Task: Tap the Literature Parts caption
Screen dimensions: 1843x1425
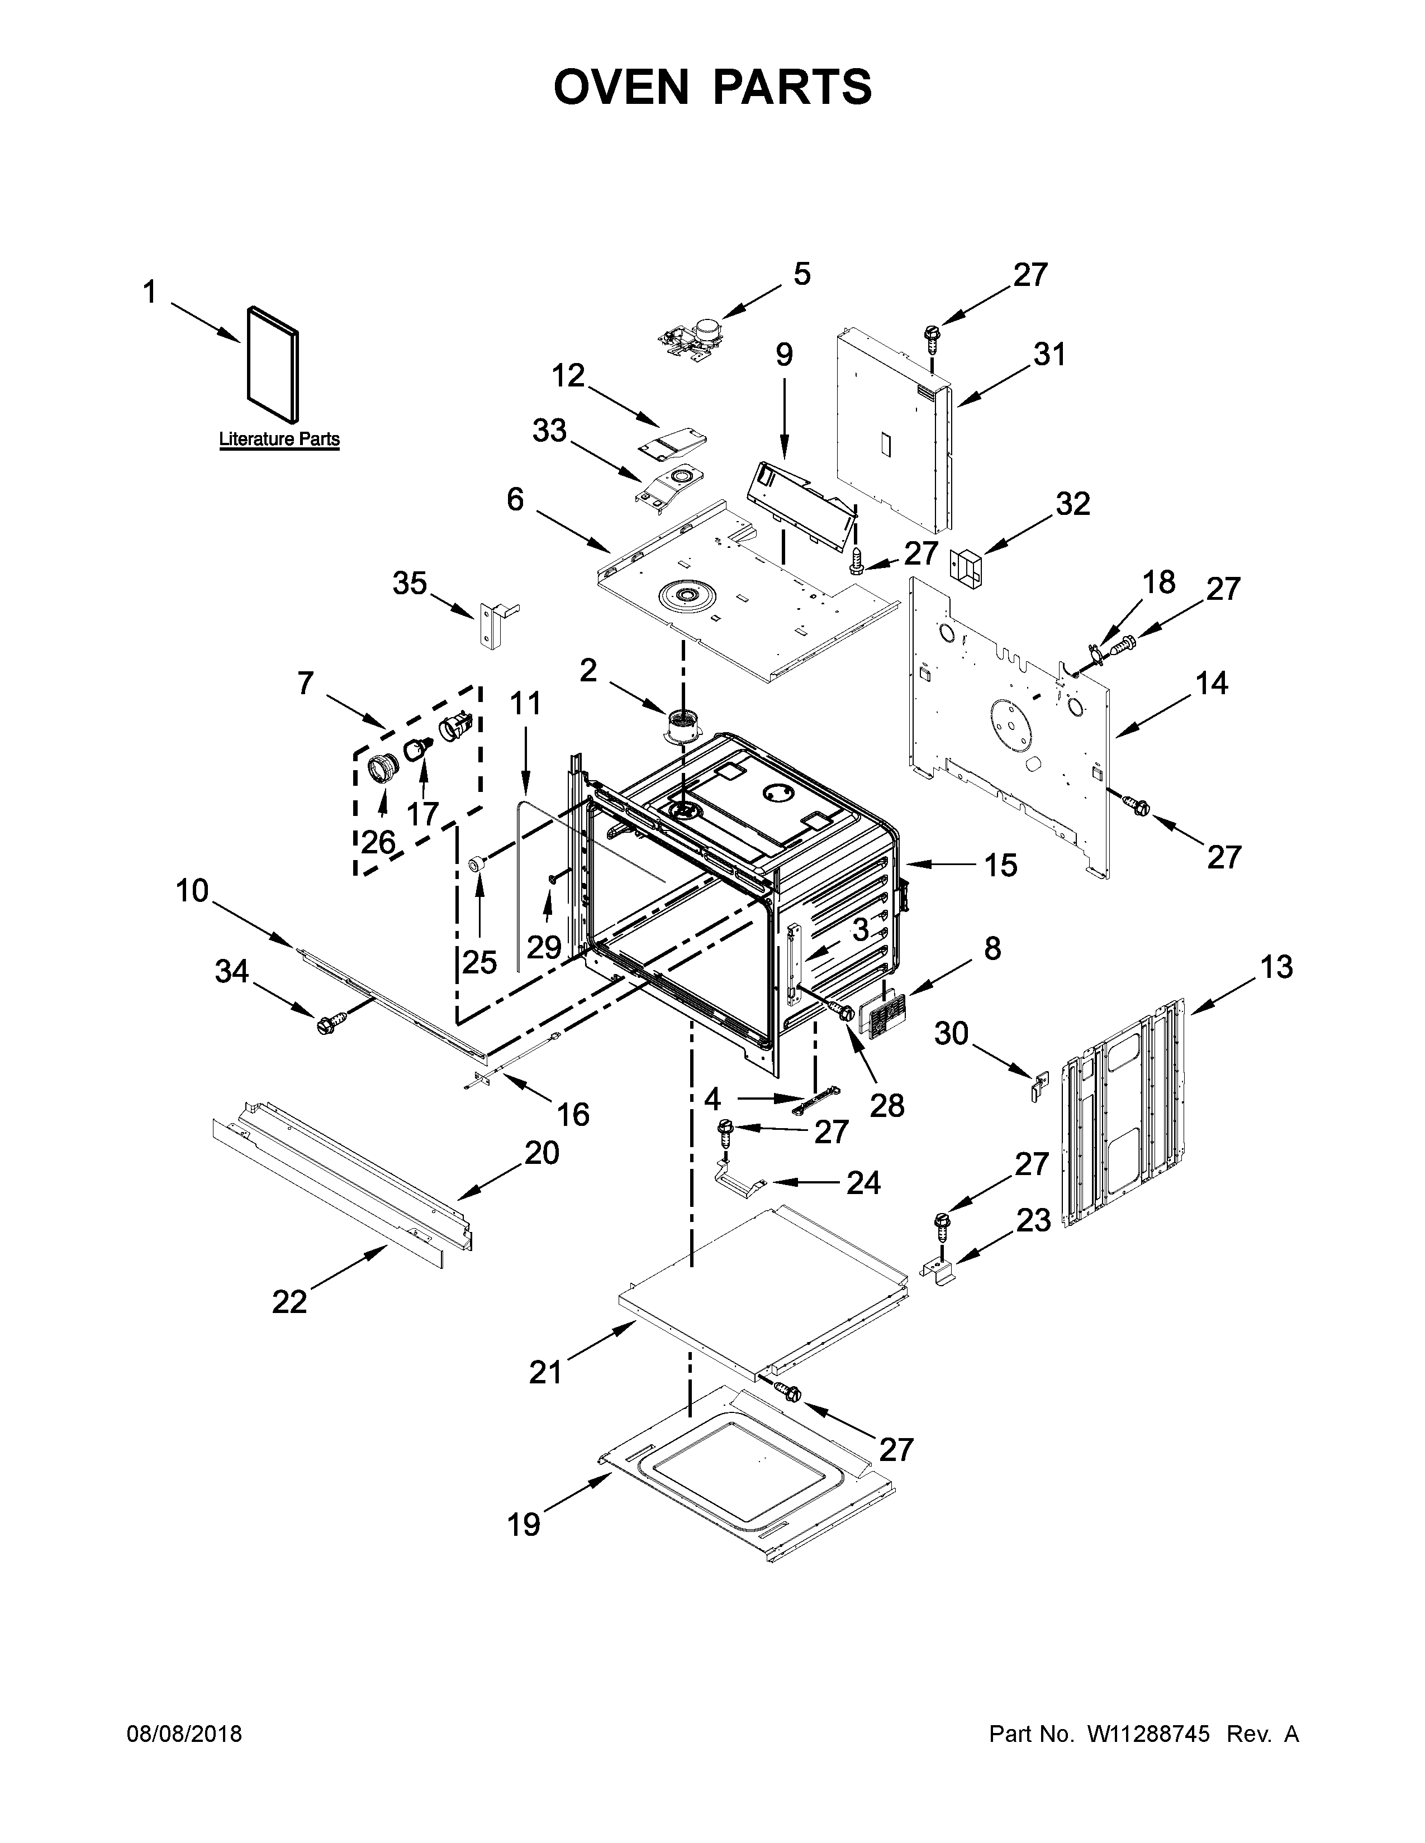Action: coord(279,439)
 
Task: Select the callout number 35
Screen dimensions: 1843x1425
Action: coord(410,583)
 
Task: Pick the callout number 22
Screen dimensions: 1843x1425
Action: coord(289,1302)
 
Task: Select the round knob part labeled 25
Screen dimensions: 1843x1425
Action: coord(479,864)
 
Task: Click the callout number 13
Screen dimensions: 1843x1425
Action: coord(1276,967)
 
